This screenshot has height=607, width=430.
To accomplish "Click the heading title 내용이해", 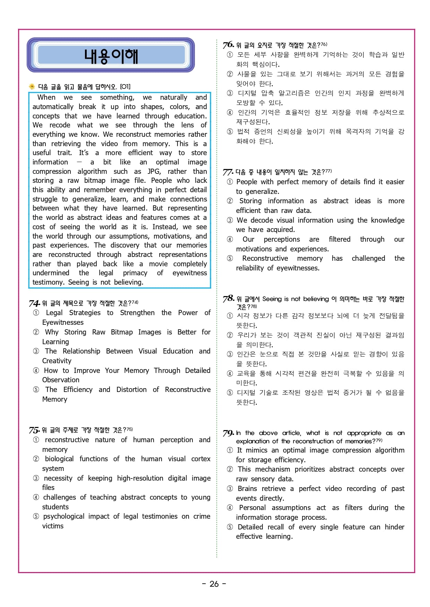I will point(111,56).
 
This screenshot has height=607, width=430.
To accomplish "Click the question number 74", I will point(34,303).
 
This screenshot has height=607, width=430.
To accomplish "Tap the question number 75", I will point(34,430).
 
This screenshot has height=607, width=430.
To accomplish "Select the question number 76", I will point(228,45).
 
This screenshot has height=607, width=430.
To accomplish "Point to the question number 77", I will point(228,172).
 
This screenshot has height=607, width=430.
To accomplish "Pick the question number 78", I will point(229,298).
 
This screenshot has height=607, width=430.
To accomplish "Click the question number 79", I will point(228,433).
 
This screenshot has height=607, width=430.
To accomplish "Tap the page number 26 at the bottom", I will point(214,584).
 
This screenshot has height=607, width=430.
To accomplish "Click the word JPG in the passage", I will point(154,171).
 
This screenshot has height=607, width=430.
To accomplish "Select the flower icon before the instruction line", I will point(32,87).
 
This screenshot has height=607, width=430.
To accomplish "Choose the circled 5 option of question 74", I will point(36,390).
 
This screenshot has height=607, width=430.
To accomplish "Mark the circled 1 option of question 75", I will point(36,440).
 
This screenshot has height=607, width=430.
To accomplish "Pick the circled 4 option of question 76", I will point(230,113).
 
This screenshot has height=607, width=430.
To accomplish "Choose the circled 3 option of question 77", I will point(230,220).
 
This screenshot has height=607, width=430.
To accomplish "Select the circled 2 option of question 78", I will point(230,335).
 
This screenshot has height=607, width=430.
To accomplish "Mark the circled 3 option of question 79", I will point(230,489).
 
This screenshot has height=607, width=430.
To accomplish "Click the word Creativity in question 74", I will point(57,361).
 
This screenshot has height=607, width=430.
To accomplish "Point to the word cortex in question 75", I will point(201,459).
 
